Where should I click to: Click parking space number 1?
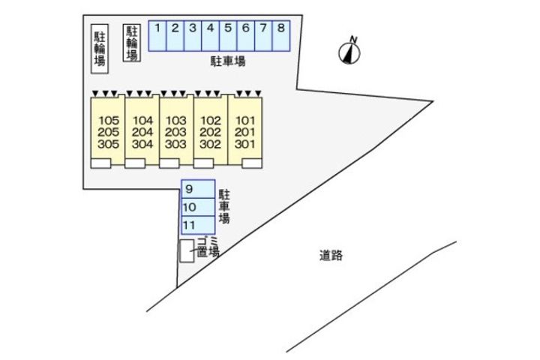[x=157, y=34]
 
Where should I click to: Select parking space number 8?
[x=280, y=34]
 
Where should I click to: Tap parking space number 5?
[x=227, y=34]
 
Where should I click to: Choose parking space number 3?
[x=192, y=34]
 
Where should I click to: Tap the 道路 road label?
[x=330, y=255]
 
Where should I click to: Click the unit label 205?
[x=109, y=133]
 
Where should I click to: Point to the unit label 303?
[x=175, y=145]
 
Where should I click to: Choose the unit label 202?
[x=211, y=133]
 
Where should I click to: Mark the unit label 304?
[x=142, y=145]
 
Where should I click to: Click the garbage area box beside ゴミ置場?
[x=185, y=251]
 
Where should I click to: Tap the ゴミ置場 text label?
[x=206, y=248]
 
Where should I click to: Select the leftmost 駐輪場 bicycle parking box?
[x=99, y=49]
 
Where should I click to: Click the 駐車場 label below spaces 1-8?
[x=228, y=61]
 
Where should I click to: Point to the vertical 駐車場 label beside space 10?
[x=223, y=207]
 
